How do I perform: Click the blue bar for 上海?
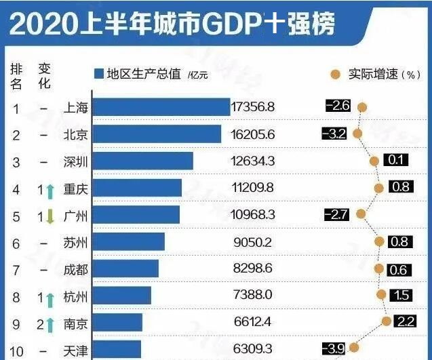(x=161, y=107)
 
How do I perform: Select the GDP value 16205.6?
(x=253, y=134)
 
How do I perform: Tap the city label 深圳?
(x=75, y=161)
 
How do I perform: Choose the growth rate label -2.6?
(x=337, y=106)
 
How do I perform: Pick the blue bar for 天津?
(x=116, y=349)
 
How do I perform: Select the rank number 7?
(x=16, y=268)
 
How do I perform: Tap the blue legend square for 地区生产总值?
(x=98, y=74)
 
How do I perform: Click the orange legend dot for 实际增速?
(x=334, y=74)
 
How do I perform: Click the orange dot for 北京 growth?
(x=357, y=134)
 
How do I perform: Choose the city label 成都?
(x=75, y=268)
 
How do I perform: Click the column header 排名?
(x=16, y=75)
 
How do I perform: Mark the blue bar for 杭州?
(x=121, y=296)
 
